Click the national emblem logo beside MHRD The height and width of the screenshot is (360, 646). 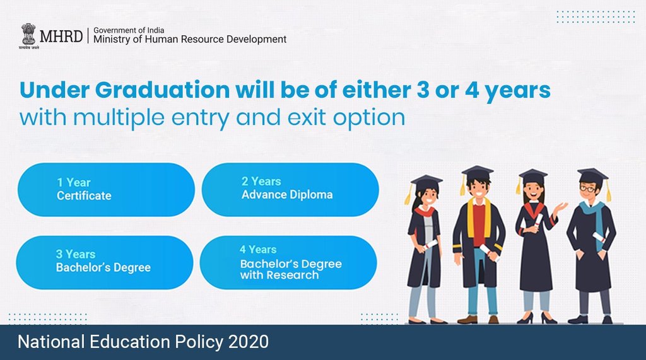(28, 35)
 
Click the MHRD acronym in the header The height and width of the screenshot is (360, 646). (60, 35)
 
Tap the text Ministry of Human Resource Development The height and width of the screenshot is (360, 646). (190, 39)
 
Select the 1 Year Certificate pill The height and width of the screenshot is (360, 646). (106, 189)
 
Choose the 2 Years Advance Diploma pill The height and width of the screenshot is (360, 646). (290, 189)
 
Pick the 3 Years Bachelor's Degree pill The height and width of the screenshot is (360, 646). (104, 262)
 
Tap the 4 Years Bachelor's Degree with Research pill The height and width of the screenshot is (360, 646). (288, 262)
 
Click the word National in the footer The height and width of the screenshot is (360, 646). (49, 342)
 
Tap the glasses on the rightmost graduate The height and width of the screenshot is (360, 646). (587, 189)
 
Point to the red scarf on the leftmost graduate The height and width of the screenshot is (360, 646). (424, 212)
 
